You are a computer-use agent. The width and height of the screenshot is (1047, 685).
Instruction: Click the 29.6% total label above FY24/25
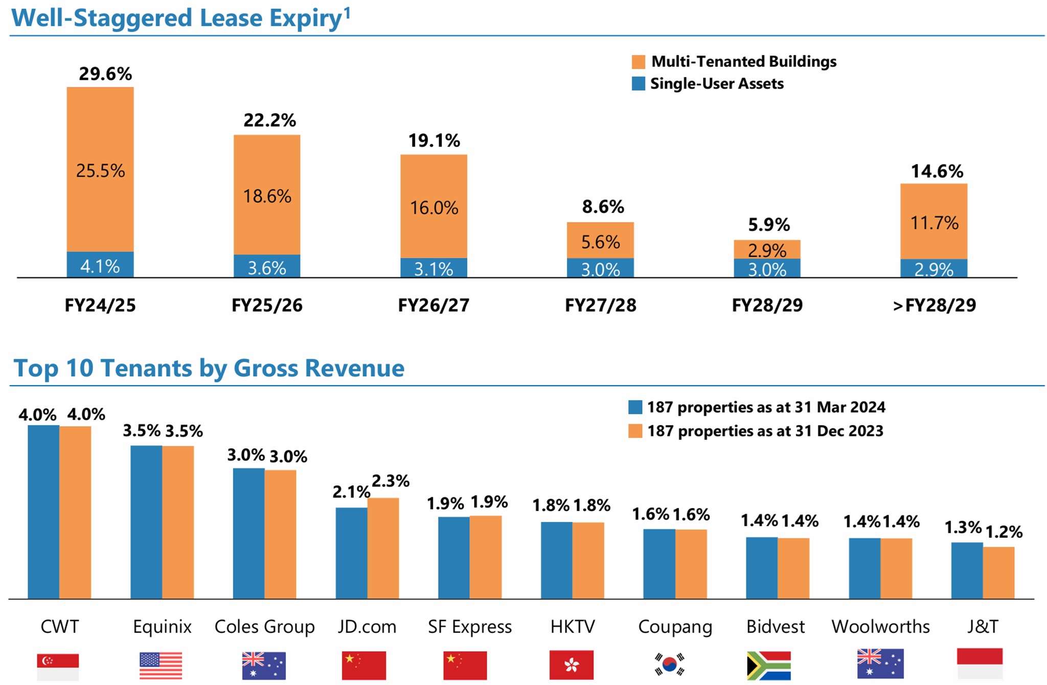point(105,74)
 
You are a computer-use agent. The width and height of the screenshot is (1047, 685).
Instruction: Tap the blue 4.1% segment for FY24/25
point(100,266)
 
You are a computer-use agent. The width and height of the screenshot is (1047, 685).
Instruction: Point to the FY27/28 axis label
point(600,305)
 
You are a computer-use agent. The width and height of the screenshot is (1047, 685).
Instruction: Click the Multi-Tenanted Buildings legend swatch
point(638,62)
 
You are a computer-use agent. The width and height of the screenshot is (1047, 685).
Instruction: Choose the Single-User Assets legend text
point(716,84)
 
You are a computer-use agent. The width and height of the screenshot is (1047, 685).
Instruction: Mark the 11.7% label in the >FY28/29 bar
point(934,223)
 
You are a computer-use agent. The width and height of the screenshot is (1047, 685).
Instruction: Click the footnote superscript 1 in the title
point(347,12)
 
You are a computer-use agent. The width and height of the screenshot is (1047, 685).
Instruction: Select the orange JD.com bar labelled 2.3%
point(383,548)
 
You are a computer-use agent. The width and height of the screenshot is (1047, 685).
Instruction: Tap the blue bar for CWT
point(43,512)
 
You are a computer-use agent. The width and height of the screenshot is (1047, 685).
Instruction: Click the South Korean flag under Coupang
point(669,664)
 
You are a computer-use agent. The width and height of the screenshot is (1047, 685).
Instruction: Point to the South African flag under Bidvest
point(768,665)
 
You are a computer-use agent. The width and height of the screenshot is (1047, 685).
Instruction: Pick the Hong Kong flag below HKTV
point(571,665)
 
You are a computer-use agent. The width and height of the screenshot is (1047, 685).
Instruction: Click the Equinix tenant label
point(162,627)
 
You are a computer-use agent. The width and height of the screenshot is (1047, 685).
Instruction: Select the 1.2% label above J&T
point(1004,532)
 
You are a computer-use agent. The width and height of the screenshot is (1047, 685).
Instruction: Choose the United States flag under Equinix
point(161,665)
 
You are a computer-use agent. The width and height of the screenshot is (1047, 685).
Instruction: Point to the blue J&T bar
point(967,570)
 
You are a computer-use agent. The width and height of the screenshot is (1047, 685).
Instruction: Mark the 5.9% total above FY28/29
point(768,225)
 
